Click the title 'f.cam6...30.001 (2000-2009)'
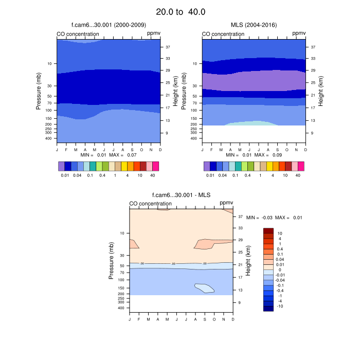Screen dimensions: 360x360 [x=108, y=25]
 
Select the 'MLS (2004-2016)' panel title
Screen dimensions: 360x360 [x=254, y=25]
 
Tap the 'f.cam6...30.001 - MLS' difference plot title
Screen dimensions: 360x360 [x=181, y=195]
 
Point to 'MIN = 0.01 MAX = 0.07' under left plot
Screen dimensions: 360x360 [x=109, y=155]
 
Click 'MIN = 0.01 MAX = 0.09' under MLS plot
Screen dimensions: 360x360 [x=254, y=155]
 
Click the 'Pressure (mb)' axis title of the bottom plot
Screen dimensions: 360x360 [x=112, y=261]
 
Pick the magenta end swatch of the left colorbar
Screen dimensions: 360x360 [x=156, y=166]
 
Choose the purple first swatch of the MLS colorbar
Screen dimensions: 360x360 [x=207, y=166]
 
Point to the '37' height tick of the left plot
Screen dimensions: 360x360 [x=168, y=47]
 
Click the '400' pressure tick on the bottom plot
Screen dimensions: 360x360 [x=122, y=308]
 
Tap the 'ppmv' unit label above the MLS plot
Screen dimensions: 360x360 [x=299, y=34]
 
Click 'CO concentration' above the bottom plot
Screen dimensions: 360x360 [x=150, y=204]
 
